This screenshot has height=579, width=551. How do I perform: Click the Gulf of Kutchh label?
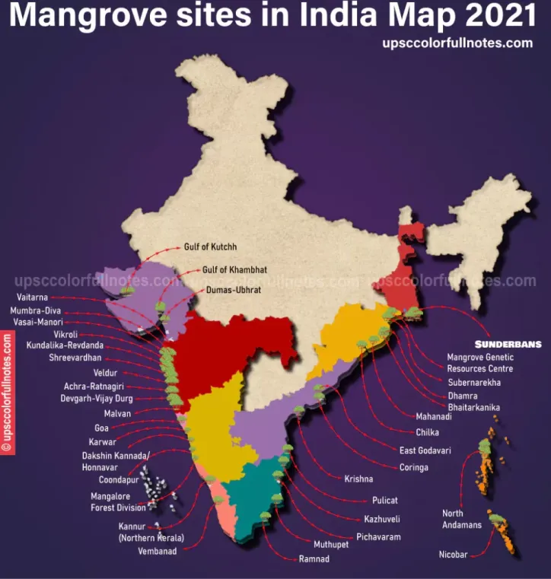click(x=211, y=247)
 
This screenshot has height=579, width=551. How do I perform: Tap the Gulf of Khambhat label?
click(x=234, y=269)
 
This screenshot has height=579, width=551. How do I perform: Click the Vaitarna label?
click(x=32, y=297)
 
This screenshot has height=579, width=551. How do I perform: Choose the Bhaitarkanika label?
click(x=473, y=408)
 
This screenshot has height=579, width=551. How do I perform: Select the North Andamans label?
click(x=462, y=519)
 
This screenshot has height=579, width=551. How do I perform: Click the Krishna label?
click(x=358, y=479)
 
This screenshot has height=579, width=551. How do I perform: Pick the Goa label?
click(x=101, y=428)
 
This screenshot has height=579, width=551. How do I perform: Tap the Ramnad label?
click(x=314, y=560)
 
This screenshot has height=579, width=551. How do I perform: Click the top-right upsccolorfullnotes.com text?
click(x=457, y=43)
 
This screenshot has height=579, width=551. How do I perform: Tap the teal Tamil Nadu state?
click(x=259, y=495)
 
